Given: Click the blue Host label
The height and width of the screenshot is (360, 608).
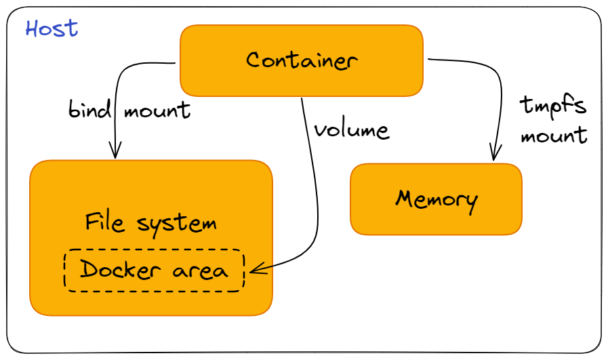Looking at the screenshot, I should point(52,28).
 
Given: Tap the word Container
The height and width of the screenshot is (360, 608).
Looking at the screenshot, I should point(301,60).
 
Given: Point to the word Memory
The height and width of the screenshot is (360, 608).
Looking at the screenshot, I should point(437,199).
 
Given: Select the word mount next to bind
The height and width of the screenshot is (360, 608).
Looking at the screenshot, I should point(156,110).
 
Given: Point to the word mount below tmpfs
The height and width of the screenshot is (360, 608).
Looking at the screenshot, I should point(553,135).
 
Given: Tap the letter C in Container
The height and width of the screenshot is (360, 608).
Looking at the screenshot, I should point(252,60).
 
